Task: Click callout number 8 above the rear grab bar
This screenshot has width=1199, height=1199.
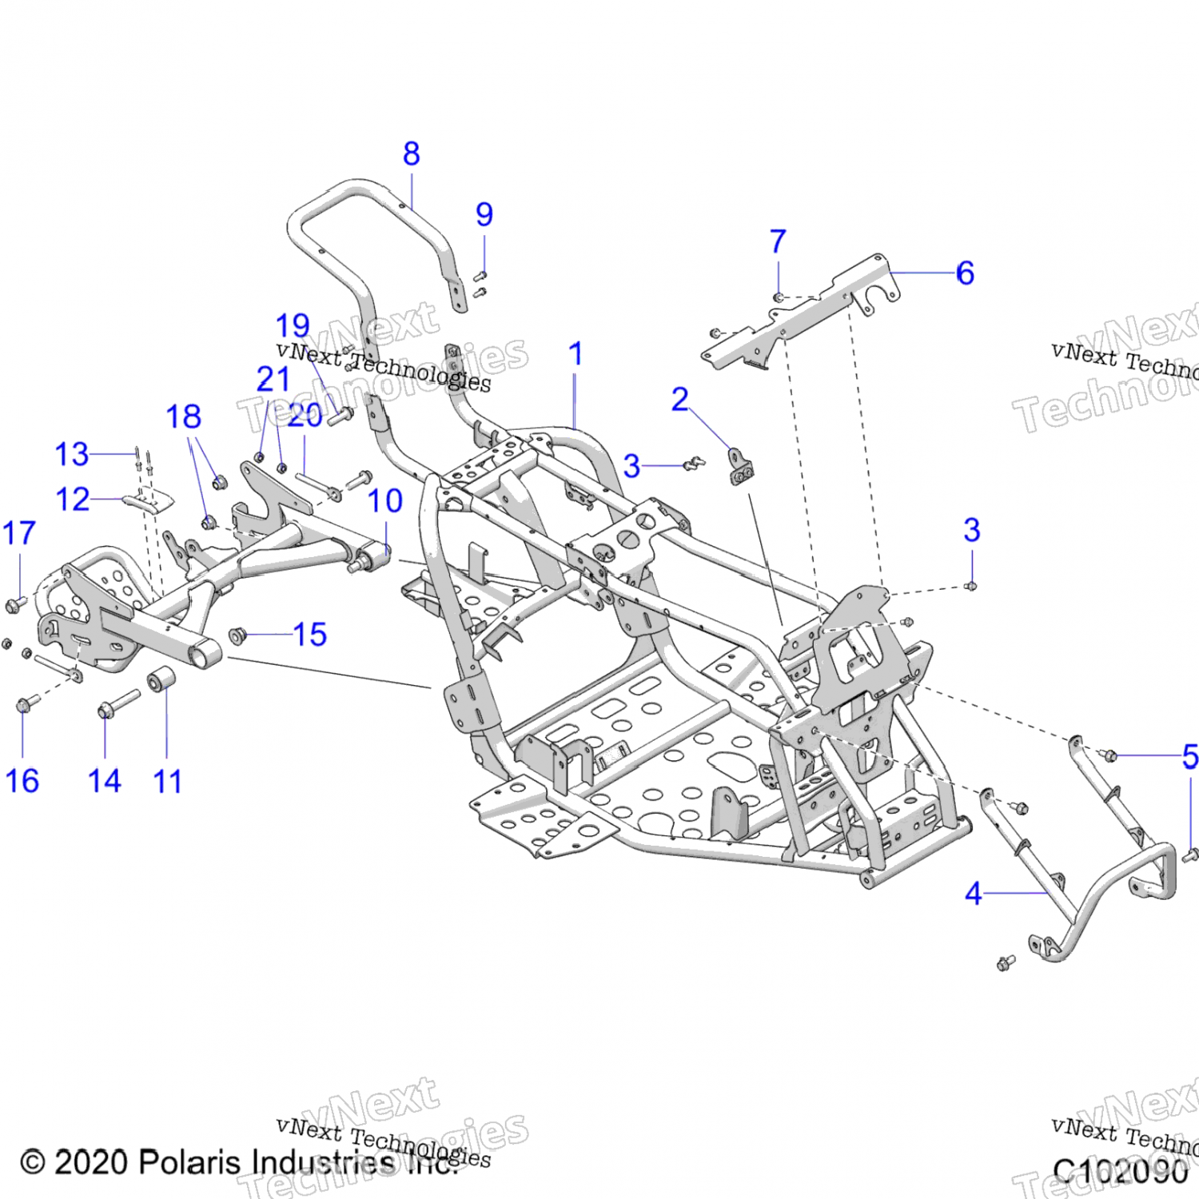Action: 412,153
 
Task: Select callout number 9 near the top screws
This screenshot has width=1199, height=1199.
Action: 484,214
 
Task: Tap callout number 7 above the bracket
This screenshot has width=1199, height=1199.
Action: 778,241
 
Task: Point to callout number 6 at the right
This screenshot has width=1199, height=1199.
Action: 965,273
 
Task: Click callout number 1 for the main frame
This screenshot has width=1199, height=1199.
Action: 576,354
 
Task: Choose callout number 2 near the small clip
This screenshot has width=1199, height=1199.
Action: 680,399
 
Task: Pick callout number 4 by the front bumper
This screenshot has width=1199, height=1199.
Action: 973,894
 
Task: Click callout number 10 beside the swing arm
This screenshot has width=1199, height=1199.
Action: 384,501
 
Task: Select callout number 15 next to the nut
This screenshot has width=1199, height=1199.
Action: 310,635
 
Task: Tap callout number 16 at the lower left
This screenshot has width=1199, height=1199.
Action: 22,781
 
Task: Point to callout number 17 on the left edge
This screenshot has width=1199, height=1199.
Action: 19,533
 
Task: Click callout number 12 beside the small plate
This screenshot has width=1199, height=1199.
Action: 72,500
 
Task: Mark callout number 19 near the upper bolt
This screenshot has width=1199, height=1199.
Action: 293,326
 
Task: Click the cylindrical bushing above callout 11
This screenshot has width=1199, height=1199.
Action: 161,679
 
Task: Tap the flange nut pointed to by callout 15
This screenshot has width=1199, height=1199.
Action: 237,635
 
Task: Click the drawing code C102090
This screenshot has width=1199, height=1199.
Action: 1120,1172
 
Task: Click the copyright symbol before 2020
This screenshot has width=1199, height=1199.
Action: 33,1162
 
